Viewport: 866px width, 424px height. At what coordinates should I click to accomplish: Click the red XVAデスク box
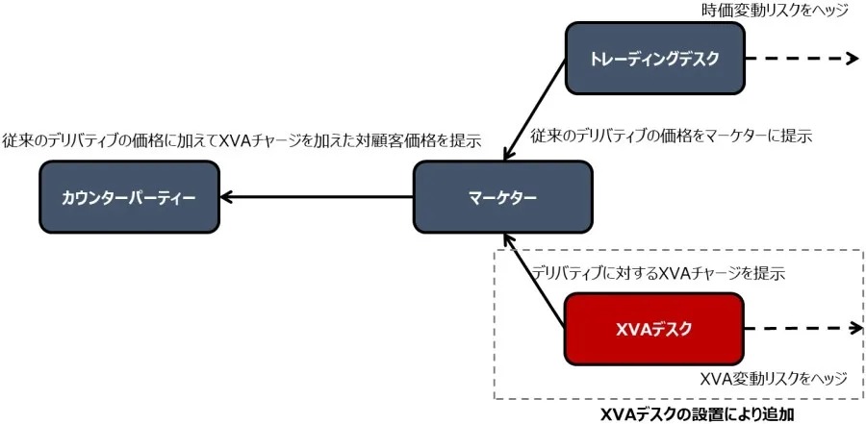point(653,328)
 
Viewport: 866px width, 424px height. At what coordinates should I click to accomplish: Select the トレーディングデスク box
point(653,59)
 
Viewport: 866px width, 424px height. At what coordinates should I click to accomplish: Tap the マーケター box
point(502,197)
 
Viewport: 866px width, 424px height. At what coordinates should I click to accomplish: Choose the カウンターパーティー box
point(129,197)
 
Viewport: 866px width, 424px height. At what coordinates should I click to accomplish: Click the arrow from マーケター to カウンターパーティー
point(318,197)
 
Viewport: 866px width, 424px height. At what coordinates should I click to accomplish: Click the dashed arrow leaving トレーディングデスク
point(799,59)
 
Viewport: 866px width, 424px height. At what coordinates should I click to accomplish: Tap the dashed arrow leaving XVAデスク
point(799,328)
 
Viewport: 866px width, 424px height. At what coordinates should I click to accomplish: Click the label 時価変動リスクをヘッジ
point(775,11)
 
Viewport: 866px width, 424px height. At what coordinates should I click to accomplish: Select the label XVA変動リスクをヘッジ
point(773,379)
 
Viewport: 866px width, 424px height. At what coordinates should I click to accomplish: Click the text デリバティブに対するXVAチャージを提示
point(658,273)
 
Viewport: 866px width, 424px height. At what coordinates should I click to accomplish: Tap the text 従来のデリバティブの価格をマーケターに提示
point(672,137)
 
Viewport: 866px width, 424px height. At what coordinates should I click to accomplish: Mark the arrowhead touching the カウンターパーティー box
point(227,197)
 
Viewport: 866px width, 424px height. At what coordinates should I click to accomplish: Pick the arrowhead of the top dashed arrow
point(851,59)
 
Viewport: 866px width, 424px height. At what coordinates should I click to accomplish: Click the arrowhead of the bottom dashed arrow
point(851,328)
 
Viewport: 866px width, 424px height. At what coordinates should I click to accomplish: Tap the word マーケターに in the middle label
point(739,137)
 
